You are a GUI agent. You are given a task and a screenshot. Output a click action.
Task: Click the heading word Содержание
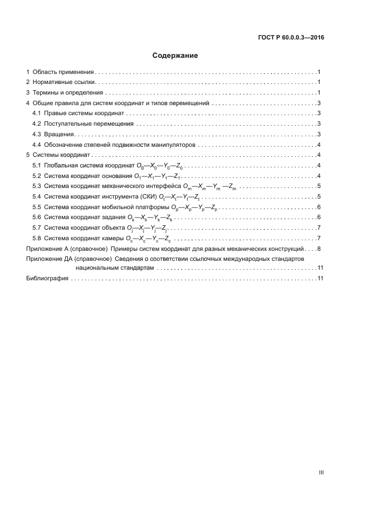pos(175,56)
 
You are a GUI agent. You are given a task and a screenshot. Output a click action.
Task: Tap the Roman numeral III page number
pos(321,473)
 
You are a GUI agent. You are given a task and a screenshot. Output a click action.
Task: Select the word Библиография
pos(47,279)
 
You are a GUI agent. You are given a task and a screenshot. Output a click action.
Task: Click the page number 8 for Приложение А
pos(318,248)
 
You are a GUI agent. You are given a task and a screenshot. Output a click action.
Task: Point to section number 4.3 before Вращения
pos(37,134)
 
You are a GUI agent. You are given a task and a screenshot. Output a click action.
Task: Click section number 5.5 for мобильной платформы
pos(37,207)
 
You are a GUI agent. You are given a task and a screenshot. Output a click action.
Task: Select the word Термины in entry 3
pos(45,93)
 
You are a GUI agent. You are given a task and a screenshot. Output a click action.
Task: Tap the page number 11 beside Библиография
pos(320,279)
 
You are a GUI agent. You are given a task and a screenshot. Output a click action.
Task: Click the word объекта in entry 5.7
pos(114,227)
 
